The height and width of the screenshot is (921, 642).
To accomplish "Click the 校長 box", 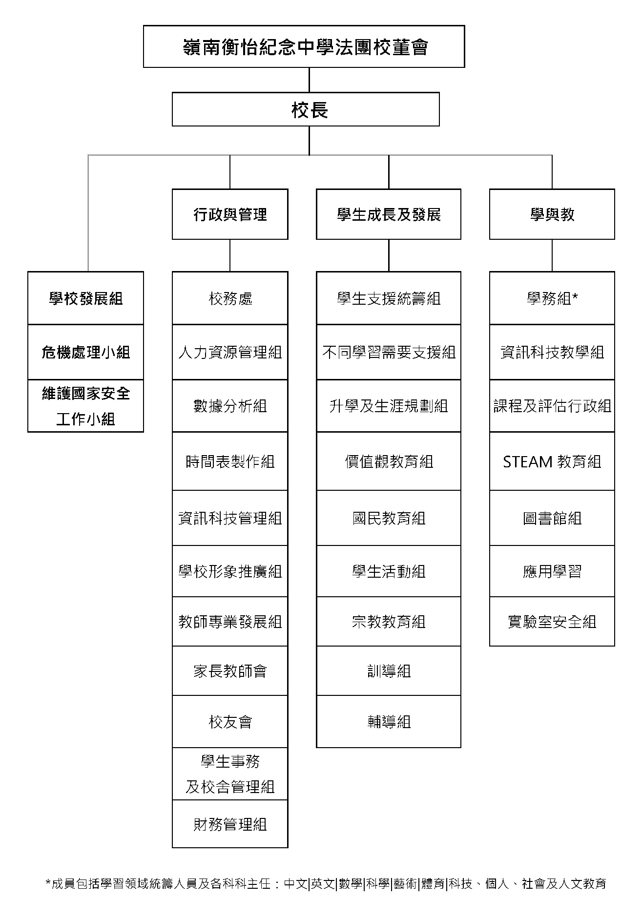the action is [306, 109].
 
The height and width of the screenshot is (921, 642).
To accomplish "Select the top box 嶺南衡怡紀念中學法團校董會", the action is [304, 47].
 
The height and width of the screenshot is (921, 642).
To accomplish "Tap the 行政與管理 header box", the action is [230, 214].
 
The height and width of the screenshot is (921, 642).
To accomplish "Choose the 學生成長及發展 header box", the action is [389, 214].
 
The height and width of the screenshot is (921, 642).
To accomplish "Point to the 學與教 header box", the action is [552, 214].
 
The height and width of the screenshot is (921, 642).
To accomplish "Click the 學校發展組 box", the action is [86, 298].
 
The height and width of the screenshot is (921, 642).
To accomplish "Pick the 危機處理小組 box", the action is [86, 352].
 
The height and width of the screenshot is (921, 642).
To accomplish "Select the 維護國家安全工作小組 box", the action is [86, 406].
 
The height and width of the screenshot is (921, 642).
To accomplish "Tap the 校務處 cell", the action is [230, 298].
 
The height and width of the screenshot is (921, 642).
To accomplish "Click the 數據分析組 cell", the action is [230, 406].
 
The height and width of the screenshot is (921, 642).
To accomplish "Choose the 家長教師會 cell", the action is [230, 671].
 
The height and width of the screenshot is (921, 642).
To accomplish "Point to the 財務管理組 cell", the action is [230, 824].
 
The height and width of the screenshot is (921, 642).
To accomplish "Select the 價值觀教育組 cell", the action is [389, 461].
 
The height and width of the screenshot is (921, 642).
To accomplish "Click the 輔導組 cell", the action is [389, 722].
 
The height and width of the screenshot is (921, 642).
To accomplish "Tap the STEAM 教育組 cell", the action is [552, 461].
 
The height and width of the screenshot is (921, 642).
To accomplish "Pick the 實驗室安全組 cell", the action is [552, 622].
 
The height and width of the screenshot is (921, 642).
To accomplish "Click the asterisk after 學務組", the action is [575, 295].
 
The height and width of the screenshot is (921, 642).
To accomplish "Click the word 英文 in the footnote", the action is [323, 883].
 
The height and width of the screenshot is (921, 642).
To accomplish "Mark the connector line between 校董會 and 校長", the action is [309, 80].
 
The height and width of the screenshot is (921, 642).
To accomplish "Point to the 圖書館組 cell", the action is [552, 518].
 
